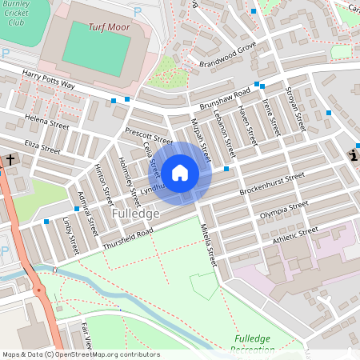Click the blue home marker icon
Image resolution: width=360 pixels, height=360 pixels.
click(x=180, y=172)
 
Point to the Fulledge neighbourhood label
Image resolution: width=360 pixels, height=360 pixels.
click(x=135, y=214)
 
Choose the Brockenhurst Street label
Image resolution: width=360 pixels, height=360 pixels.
click(x=272, y=182)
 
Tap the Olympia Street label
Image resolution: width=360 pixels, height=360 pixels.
click(x=284, y=210)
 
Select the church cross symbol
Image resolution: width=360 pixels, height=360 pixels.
click(x=11, y=161)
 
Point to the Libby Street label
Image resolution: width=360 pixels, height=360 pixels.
click(x=70, y=233)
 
